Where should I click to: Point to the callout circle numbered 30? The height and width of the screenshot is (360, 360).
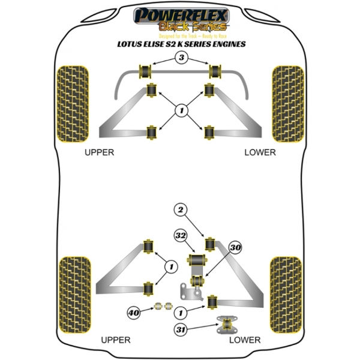[235, 247]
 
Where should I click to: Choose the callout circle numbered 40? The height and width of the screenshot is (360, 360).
[133, 312]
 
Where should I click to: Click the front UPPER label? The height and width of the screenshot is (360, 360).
[99, 152]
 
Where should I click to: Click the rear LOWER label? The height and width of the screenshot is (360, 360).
[245, 340]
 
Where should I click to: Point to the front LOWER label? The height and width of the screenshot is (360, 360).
[260, 152]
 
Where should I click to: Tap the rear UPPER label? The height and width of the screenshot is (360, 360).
[116, 340]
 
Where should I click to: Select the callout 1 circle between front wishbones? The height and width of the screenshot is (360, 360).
[180, 110]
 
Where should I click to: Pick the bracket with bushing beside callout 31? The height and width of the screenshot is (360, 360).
[227, 325]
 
